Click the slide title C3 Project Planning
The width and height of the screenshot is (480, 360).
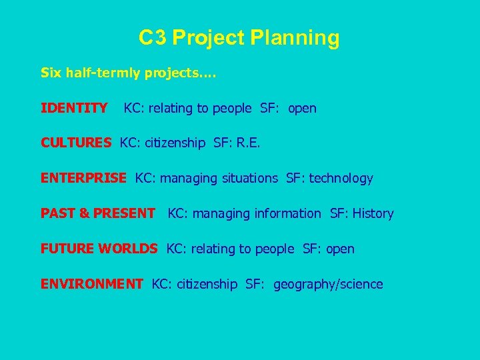tap(239, 38)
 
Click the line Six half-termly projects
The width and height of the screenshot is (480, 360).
tap(128, 72)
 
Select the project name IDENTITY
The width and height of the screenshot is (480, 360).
tap(74, 107)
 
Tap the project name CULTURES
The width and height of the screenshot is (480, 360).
tap(76, 143)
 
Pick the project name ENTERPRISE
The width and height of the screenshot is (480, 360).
tap(83, 178)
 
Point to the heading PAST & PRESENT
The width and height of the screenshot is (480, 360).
tap(97, 213)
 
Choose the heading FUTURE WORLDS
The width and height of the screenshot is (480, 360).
tap(99, 249)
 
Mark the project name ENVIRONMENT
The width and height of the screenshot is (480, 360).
tap(91, 284)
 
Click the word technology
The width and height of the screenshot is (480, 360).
tap(342, 179)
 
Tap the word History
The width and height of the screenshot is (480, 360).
tap(373, 213)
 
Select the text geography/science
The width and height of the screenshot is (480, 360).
tap(328, 285)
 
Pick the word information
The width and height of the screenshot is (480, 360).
tap(288, 213)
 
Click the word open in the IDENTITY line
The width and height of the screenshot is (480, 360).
tap(302, 108)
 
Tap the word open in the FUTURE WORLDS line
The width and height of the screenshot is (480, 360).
tap(340, 249)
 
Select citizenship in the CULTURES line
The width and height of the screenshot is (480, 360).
tap(173, 143)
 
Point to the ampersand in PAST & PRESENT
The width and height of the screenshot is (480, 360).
tap(84, 213)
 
